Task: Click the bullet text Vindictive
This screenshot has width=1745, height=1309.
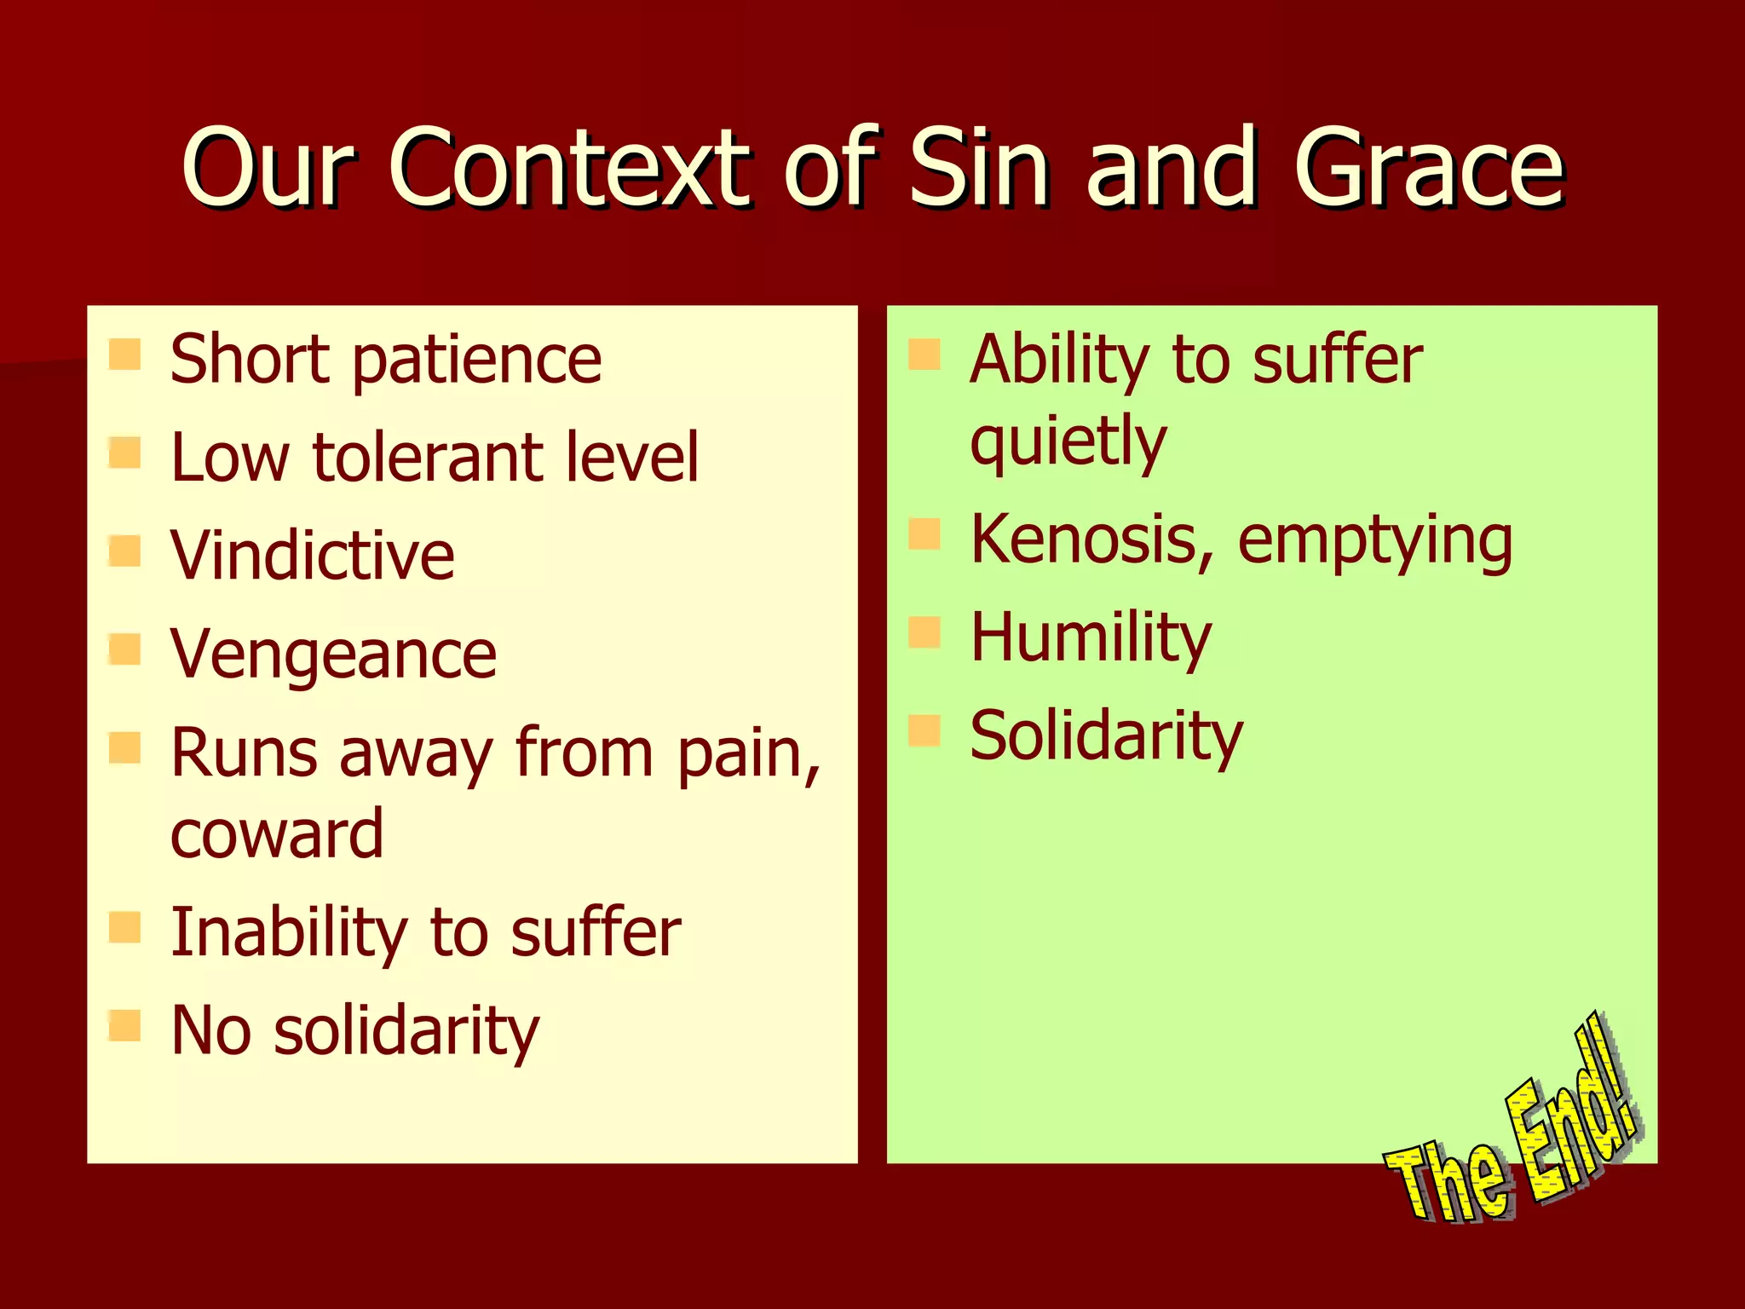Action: click(x=312, y=556)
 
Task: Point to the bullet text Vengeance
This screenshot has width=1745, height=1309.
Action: click(x=333, y=654)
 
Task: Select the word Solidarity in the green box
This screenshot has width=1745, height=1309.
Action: click(x=1106, y=735)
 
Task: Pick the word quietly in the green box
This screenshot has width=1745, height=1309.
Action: click(x=1068, y=441)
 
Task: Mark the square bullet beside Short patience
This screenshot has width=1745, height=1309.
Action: click(x=124, y=355)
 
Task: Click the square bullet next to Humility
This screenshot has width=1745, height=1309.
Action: click(x=924, y=632)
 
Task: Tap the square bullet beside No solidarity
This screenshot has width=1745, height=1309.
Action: click(x=124, y=1026)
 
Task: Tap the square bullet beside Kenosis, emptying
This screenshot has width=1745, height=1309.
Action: click(x=924, y=534)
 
